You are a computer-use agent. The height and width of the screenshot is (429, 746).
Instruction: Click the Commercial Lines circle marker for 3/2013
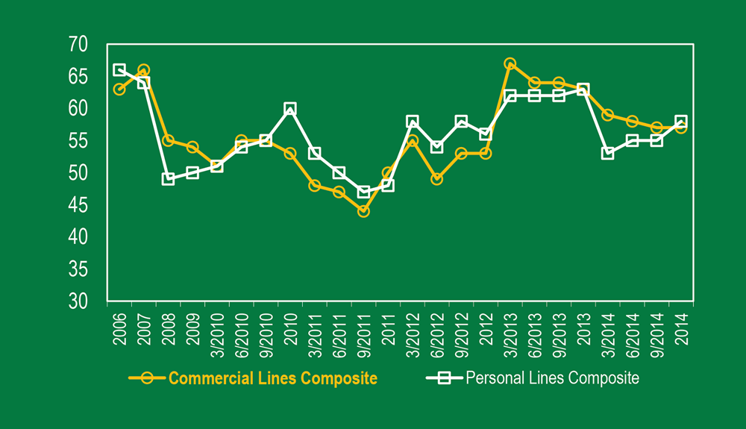(510, 64)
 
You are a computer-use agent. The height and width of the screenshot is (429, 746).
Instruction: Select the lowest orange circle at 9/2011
(363, 211)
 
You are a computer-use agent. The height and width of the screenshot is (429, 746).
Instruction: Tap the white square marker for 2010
(290, 109)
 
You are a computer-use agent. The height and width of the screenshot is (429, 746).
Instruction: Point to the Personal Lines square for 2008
(168, 179)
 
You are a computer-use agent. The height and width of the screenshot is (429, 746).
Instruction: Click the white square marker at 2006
(119, 70)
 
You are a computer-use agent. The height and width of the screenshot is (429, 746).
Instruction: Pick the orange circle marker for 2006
(119, 90)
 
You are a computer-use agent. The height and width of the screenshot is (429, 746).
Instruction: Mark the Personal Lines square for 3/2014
(607, 154)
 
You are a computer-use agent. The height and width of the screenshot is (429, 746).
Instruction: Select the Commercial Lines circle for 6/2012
(437, 179)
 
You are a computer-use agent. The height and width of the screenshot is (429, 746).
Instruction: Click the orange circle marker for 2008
(168, 140)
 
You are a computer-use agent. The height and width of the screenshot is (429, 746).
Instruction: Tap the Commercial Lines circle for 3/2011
(315, 186)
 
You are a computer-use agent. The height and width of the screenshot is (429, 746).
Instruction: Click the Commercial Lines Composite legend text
(273, 378)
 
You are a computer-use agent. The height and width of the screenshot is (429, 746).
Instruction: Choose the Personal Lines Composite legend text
(552, 378)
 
